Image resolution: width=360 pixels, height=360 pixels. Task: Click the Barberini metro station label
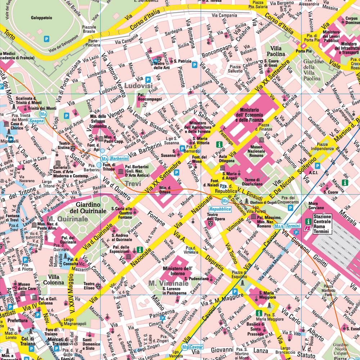119,158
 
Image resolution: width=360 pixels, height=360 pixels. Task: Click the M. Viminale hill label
168,284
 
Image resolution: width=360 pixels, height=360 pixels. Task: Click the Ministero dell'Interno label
177,271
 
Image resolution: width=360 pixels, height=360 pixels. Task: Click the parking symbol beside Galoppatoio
46,39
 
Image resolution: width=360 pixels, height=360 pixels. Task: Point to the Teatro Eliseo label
89,286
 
